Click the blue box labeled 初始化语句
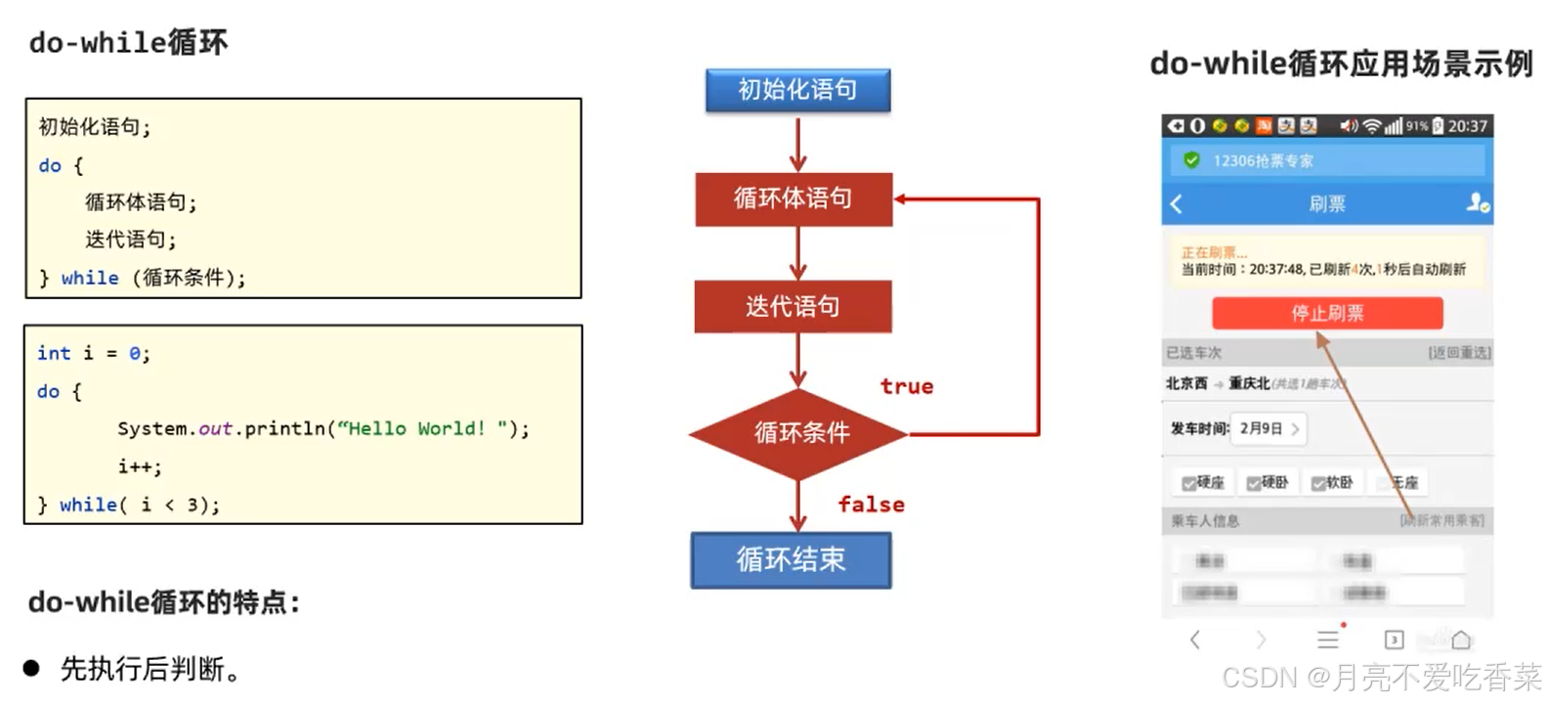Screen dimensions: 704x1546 pos(797,90)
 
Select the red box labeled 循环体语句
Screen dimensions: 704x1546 pos(794,198)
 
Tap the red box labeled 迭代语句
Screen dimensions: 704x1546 pos(793,306)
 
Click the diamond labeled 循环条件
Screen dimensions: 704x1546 pos(800,432)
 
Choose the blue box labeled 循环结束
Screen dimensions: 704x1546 pos(791,559)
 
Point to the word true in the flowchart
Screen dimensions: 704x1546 pos(906,386)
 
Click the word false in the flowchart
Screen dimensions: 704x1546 pos(871,505)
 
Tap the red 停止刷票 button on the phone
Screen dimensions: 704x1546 pos(1326,313)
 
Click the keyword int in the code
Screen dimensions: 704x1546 pos(54,353)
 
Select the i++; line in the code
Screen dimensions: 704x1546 pos(140,466)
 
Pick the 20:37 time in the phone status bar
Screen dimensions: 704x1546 pos(1467,126)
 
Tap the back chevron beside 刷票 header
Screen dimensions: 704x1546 pos(1177,203)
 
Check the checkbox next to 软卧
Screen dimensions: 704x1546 pos(1318,483)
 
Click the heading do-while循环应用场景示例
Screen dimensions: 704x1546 pos(1341,64)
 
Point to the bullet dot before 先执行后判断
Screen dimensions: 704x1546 pos(31,668)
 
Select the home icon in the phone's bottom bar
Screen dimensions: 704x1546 pos(1461,639)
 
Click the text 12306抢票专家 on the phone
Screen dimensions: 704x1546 pos(1263,160)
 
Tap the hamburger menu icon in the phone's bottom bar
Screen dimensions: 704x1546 pos(1327,639)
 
